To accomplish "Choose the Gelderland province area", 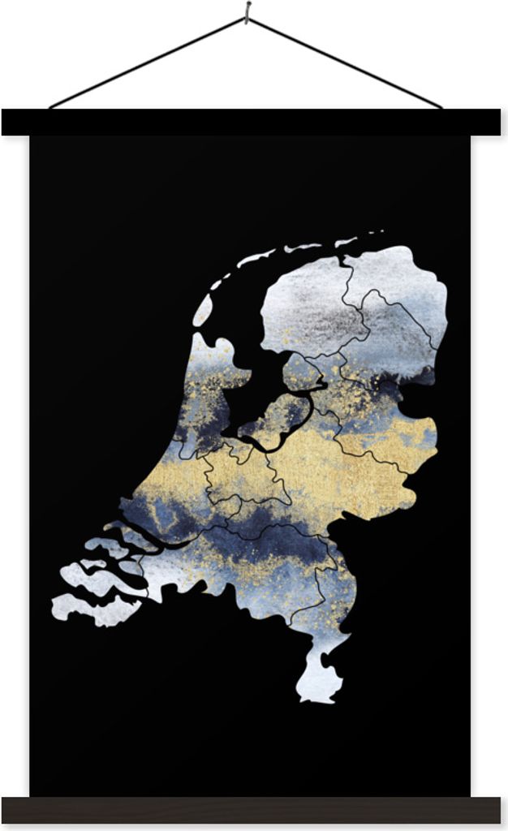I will pyautogui.click(x=341, y=471).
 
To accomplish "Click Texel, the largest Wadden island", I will pyautogui.click(x=203, y=309).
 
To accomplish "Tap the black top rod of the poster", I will pyautogui.click(x=253, y=122).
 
